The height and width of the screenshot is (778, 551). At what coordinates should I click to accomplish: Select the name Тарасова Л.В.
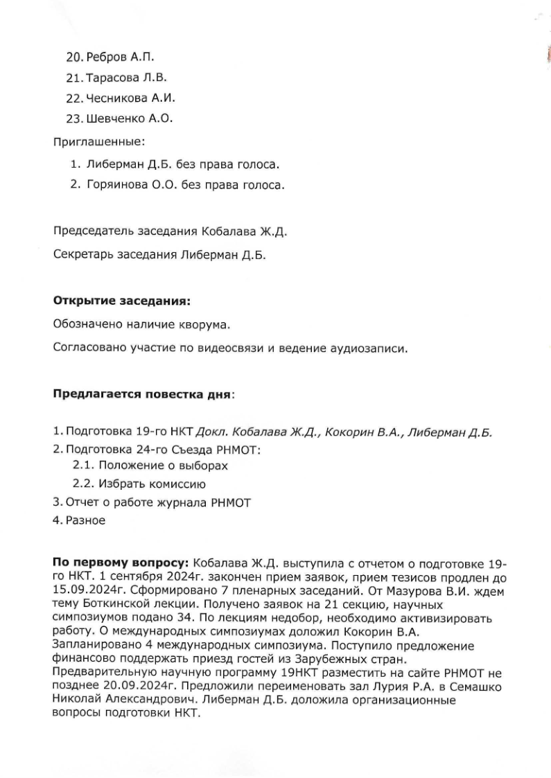click(x=127, y=77)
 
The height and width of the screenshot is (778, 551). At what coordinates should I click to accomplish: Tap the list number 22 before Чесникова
click(x=75, y=98)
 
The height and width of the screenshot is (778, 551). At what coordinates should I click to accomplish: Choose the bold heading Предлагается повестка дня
click(x=143, y=394)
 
